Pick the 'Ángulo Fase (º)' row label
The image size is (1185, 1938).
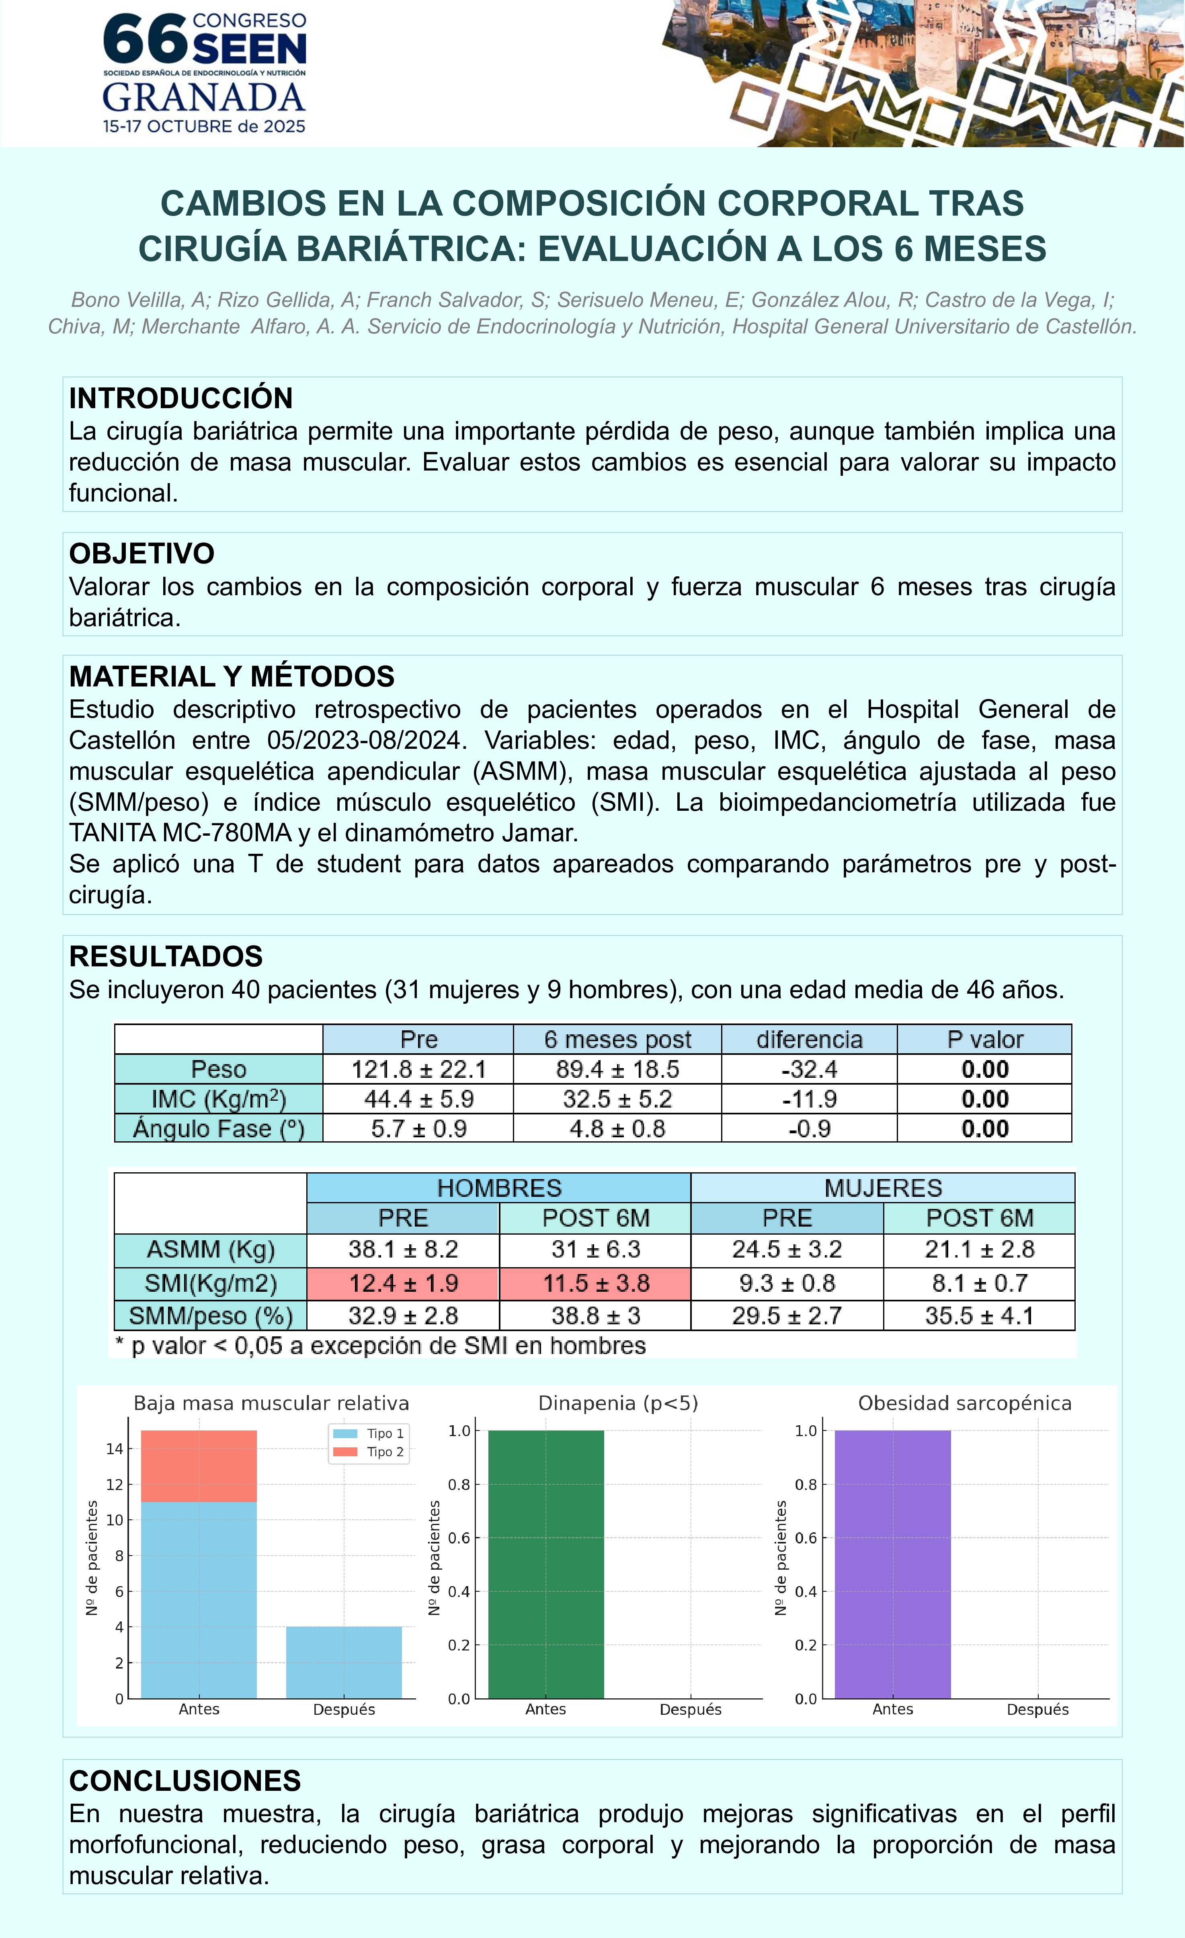(x=219, y=1129)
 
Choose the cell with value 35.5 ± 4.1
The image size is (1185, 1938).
(x=979, y=1316)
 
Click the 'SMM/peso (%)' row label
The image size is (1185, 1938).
(x=211, y=1316)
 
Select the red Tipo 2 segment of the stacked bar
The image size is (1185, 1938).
(x=199, y=1466)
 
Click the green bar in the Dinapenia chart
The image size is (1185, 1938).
(x=546, y=1565)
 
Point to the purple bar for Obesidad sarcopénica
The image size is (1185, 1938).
(x=892, y=1565)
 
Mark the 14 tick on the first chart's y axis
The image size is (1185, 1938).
(x=115, y=1449)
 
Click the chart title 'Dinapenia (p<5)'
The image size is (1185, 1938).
(x=618, y=1403)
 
